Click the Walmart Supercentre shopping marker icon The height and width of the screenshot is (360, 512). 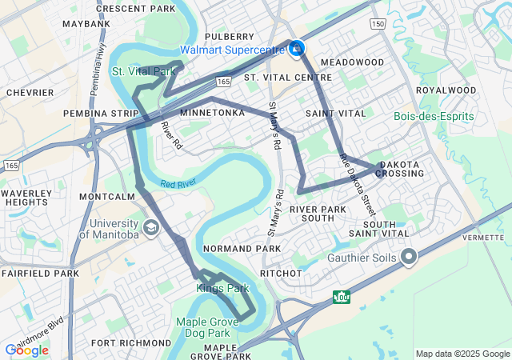coord(297,50)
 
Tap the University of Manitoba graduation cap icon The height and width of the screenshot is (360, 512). coord(150,229)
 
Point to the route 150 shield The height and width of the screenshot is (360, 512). coord(378,25)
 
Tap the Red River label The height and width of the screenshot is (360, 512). coord(178,184)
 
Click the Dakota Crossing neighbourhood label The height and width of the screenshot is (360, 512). coord(398,168)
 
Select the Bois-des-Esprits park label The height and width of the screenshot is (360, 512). coord(434,117)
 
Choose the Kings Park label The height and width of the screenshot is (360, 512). coord(222,288)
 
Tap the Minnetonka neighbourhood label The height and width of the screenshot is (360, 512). coord(212,113)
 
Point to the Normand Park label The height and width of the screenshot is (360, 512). coord(242,249)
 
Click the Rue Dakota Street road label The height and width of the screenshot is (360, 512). coord(357,184)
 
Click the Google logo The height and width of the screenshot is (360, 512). coord(26,350)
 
